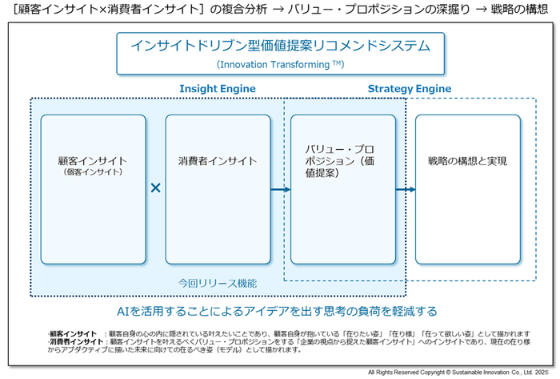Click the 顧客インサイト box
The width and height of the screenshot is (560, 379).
(x=93, y=189)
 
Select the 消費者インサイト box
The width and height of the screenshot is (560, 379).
(x=218, y=189)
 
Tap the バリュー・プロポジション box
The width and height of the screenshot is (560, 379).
(x=342, y=189)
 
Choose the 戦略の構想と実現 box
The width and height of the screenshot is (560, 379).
(x=467, y=189)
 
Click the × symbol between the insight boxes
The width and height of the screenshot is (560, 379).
(x=156, y=188)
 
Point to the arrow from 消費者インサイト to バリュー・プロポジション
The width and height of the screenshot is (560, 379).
(x=280, y=190)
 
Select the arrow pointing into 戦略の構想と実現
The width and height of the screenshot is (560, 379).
(x=406, y=190)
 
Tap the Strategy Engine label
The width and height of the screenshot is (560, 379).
(x=409, y=88)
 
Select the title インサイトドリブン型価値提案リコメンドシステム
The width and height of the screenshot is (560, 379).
(x=281, y=46)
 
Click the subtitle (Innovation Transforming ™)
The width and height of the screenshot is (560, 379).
(x=280, y=64)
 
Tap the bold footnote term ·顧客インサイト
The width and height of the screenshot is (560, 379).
(x=72, y=333)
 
